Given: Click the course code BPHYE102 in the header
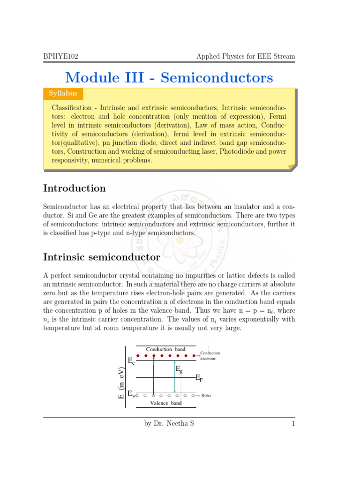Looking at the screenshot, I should tap(60, 57).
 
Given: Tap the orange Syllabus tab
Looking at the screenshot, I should tap(63, 94).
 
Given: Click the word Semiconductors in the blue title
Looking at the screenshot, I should tap(217, 77).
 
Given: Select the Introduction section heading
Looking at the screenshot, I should tap(75, 188).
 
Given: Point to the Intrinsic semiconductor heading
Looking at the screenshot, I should tap(102, 257).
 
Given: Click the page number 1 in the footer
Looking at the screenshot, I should tap(292, 424).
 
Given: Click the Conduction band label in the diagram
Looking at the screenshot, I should tap(165, 349).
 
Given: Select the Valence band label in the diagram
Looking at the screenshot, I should tap(165, 403).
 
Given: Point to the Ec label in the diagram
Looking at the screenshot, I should tap(131, 361).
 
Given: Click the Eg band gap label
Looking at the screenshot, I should tap(179, 369).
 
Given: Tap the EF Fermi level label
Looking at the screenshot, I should tap(199, 377).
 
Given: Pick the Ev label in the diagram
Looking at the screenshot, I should tap(131, 395).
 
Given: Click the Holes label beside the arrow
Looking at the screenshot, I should tap(206, 395).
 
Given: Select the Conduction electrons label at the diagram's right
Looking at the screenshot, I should tap(210, 356).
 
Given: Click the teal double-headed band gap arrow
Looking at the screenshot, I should tap(175, 377).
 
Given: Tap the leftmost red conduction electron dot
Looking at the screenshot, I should tap(138, 356).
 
